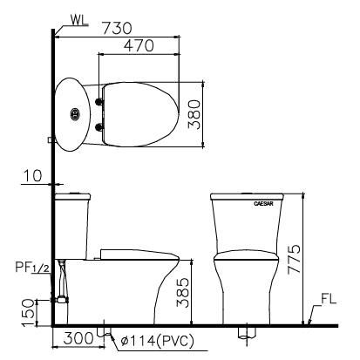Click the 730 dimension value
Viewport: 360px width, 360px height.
[118, 28]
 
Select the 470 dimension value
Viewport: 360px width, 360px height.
[139, 45]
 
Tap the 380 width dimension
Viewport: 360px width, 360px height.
[194, 114]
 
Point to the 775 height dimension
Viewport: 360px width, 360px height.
[294, 260]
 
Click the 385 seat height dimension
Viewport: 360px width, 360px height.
[183, 293]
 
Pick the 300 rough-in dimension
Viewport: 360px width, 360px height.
[78, 338]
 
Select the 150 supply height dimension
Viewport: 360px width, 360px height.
[29, 313]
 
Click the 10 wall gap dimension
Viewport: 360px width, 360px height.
[32, 176]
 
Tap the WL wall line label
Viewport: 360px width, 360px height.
[79, 20]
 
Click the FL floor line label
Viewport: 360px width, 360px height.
[329, 299]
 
